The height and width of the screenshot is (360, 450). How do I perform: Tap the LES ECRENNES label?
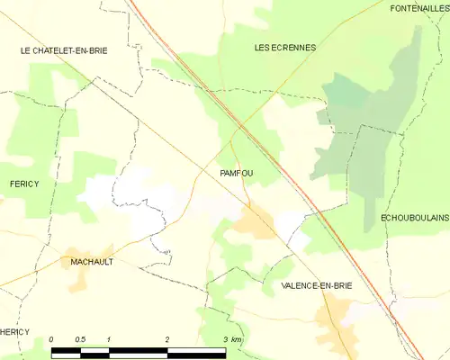pos(285,48)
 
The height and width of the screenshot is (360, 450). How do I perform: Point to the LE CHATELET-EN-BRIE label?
pos(64,51)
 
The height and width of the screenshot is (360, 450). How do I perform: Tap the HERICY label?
pos(15,332)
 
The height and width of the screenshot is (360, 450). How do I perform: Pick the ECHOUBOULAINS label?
pos(414,218)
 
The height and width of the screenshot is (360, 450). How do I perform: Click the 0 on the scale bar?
pos(52,338)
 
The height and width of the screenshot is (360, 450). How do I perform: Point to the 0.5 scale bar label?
pos(80,338)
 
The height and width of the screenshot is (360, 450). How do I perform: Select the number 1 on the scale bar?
pos(108,338)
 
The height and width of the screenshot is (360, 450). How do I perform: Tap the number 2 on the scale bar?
pos(166,338)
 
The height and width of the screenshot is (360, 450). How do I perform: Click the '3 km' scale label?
pos(232,338)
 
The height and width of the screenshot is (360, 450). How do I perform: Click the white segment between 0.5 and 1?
pos(94,350)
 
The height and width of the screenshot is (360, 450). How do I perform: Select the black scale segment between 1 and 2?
pos(138,350)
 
